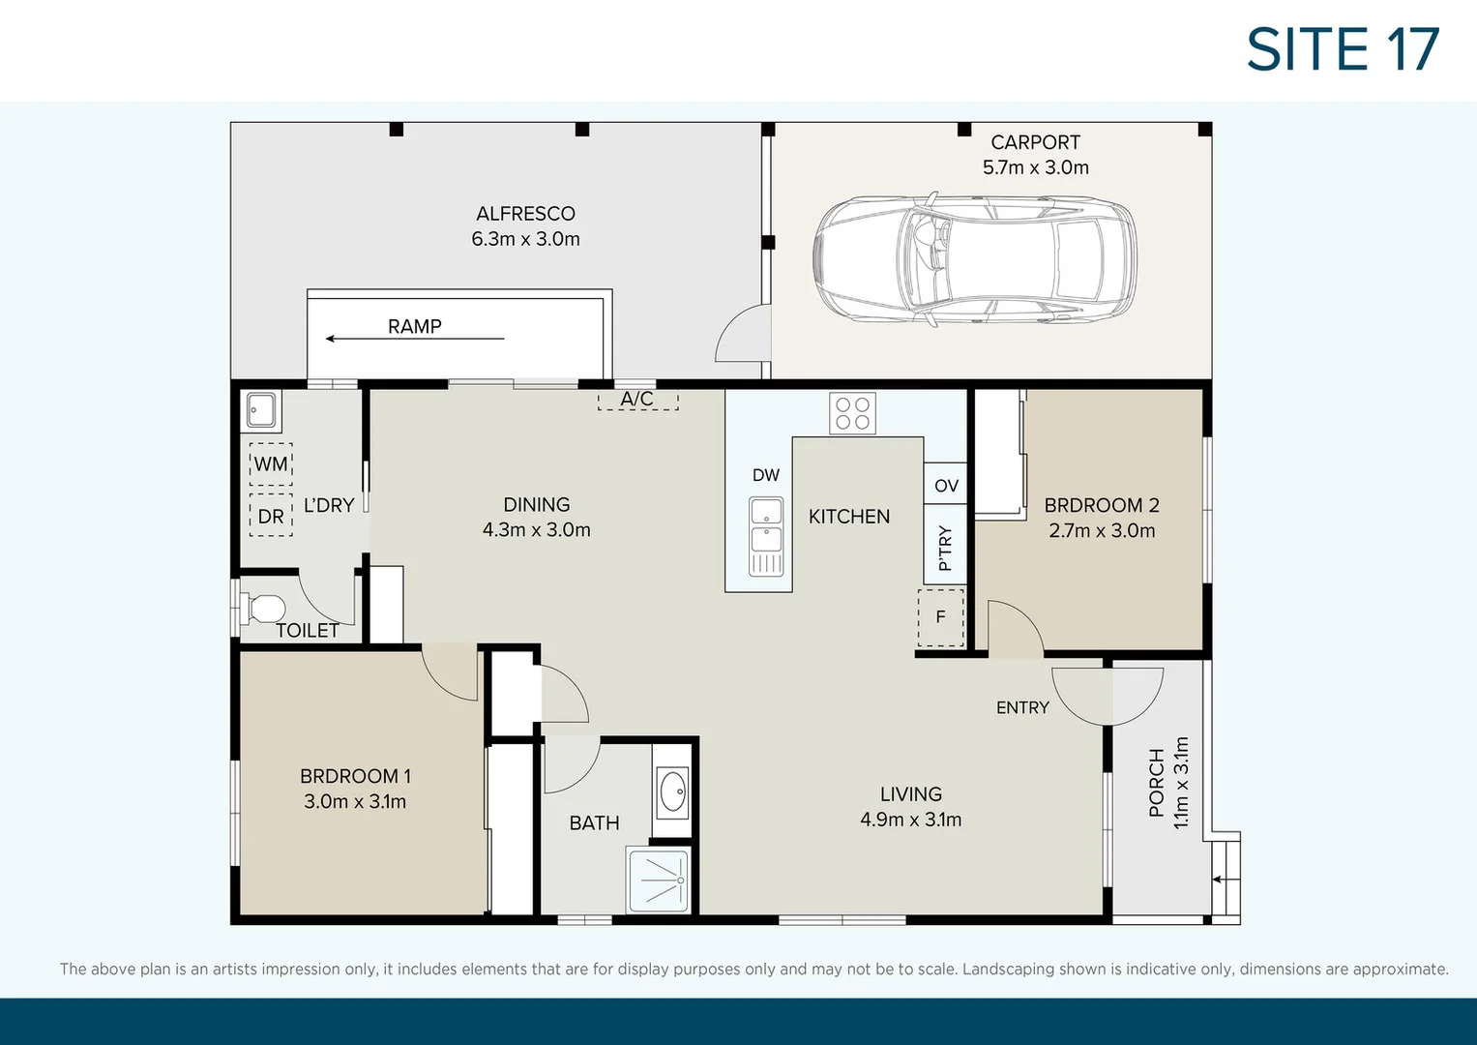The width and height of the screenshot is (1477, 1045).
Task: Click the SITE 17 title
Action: click(1343, 49)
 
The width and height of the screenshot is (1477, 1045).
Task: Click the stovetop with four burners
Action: click(852, 413)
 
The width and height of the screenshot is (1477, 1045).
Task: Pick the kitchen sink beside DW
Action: click(766, 536)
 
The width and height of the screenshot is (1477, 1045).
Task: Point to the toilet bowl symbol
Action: click(265, 609)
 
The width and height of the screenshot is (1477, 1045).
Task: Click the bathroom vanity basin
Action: click(671, 791)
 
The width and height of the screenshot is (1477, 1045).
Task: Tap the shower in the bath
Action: click(658, 880)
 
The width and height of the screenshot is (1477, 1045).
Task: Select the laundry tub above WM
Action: click(261, 410)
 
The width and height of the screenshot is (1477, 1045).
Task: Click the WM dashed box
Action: click(271, 464)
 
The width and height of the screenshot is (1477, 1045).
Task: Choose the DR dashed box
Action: click(271, 517)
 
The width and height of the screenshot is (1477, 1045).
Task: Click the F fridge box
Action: click(940, 617)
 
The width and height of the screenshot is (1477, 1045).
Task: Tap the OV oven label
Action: click(946, 486)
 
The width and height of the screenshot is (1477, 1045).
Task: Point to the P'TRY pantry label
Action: click(945, 548)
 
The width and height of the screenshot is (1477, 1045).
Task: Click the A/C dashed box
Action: click(637, 400)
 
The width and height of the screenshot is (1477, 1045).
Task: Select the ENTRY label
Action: click(1022, 708)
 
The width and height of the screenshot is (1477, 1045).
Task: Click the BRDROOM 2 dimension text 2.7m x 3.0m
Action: click(1102, 531)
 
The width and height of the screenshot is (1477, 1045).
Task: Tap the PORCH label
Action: click(1157, 783)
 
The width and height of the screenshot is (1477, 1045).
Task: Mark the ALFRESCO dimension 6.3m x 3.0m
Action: click(525, 239)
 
